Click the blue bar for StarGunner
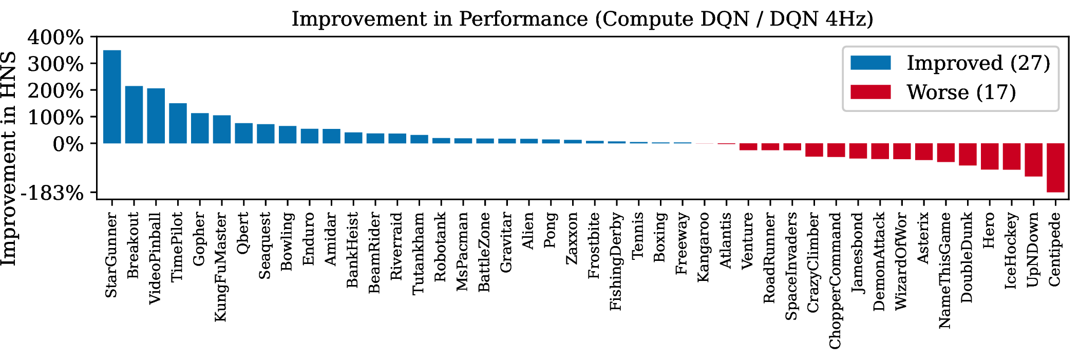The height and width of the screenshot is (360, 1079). coord(112,97)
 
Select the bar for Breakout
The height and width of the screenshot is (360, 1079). coord(134,115)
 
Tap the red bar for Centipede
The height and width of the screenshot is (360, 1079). coord(1055,168)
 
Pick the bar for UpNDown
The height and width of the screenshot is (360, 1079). coord(1033,160)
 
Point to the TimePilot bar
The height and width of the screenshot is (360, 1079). coord(178,123)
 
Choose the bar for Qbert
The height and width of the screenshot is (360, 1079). coord(244,133)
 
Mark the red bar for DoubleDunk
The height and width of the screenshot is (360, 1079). coord(968,154)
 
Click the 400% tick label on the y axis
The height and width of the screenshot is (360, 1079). coord(55,37)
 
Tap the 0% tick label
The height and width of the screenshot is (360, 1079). coord(68,144)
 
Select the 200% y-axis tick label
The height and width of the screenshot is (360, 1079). coord(55,90)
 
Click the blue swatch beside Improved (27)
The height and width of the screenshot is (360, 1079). coord(870,63)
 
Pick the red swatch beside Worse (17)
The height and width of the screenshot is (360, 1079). coord(870,92)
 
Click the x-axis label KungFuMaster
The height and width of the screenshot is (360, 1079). coord(221,267)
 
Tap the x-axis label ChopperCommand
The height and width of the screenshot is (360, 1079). coord(836,280)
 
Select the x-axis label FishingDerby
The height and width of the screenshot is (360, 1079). coord(616,261)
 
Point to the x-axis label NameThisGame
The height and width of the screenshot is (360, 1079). coord(945,270)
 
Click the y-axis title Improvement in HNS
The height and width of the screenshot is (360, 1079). coord(9,159)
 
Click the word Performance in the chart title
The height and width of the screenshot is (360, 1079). coord(523,19)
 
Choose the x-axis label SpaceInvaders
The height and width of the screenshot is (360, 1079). coord(791,266)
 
